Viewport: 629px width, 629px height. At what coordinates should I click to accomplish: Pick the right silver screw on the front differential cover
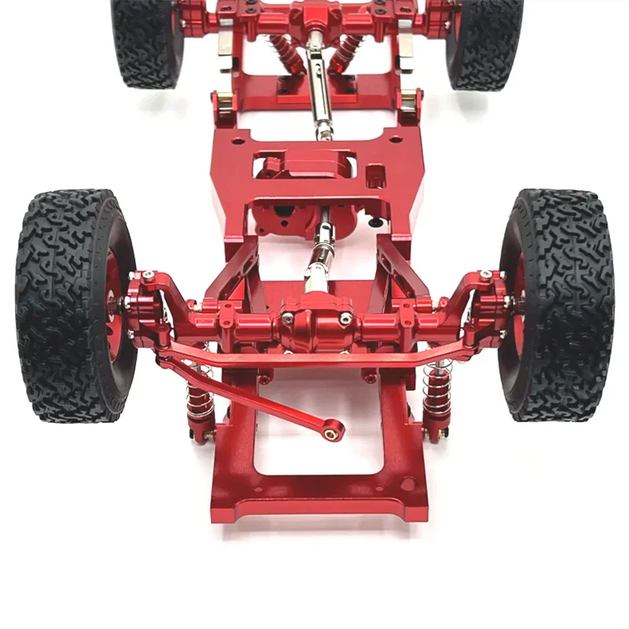pyautogui.click(x=345, y=318)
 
